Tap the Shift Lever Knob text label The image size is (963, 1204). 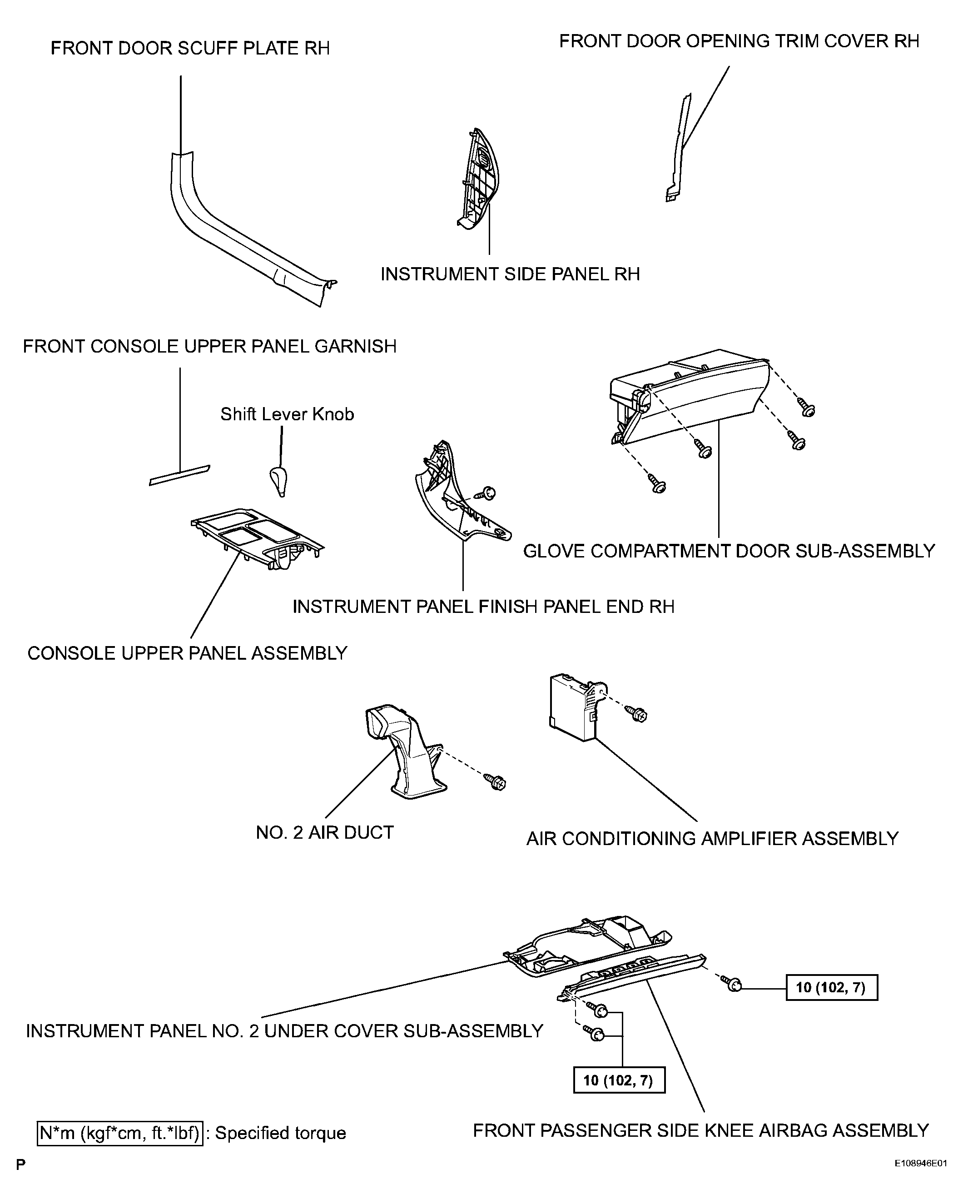(x=287, y=414)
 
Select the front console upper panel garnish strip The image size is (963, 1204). (x=180, y=475)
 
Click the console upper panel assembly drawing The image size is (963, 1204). (x=258, y=538)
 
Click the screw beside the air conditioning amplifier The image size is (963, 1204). (x=637, y=714)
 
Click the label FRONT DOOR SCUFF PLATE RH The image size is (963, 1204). (x=190, y=48)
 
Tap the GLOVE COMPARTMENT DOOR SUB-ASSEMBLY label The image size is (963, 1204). (x=729, y=551)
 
